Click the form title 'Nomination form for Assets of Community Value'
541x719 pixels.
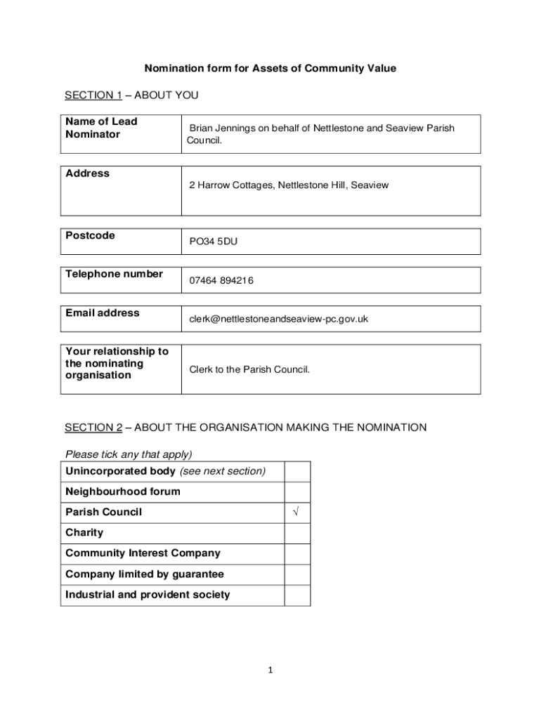coord(270,68)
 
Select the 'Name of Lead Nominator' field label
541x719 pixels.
coord(101,128)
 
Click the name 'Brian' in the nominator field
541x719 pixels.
coord(202,128)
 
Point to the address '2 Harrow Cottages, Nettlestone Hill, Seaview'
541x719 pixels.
coord(288,185)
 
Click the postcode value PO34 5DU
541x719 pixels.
coord(214,242)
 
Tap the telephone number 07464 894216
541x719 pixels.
coord(221,280)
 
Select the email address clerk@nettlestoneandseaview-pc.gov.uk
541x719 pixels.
coord(278,319)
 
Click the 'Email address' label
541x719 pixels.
coord(102,313)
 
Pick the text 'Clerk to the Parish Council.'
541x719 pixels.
coord(249,369)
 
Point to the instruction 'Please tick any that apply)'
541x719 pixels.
coord(129,454)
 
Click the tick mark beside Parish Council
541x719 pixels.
coord(296,513)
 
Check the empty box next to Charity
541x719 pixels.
coord(296,533)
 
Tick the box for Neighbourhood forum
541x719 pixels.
coord(296,492)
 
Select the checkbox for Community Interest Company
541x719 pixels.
coord(296,553)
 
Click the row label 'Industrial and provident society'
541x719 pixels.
coord(148,595)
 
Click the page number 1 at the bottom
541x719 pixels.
coord(270,671)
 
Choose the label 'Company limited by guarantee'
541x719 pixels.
coord(145,574)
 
